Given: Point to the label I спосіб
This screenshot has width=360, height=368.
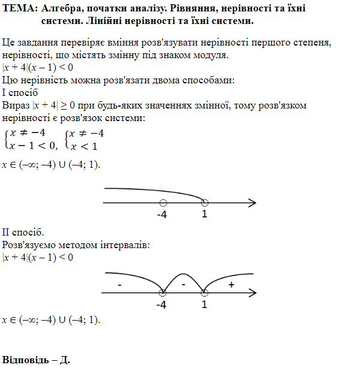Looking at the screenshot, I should pyautogui.click(x=20, y=93).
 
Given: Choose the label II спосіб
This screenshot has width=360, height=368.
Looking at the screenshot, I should pyautogui.click(x=23, y=232).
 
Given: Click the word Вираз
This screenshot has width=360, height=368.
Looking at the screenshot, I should pyautogui.click(x=16, y=105).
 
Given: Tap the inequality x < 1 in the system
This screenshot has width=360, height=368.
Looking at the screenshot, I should pyautogui.click(x=83, y=146).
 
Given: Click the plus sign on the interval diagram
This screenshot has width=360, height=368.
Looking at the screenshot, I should pyautogui.click(x=232, y=285).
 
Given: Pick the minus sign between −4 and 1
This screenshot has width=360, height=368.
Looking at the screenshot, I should pyautogui.click(x=183, y=286).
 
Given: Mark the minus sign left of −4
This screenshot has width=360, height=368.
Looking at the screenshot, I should pyautogui.click(x=121, y=285).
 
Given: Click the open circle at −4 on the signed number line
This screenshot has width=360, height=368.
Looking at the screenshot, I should pyautogui.click(x=163, y=293).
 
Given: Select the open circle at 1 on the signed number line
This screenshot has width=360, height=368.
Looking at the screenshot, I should pyautogui.click(x=205, y=293).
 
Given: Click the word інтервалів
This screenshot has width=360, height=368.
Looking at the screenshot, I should pyautogui.click(x=117, y=245).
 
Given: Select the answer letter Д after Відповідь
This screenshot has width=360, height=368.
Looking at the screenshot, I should pyautogui.click(x=65, y=360).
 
